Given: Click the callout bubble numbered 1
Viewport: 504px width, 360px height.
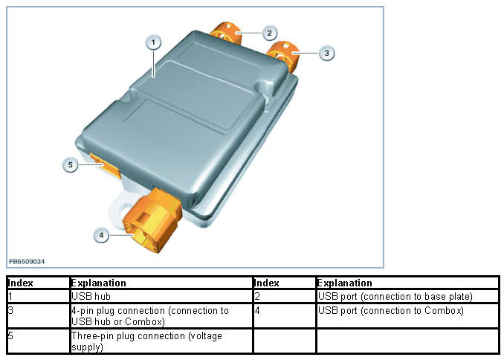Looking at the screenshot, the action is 153,42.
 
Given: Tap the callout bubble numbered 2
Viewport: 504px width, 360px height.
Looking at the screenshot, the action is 269,33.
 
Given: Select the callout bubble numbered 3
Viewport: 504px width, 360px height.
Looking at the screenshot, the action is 326,53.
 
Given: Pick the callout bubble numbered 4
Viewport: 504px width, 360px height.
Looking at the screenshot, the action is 101,235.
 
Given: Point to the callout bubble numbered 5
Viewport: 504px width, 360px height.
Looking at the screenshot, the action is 71,164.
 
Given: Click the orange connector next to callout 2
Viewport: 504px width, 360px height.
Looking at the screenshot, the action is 226,33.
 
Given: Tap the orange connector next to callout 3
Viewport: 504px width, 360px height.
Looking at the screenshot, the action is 283,55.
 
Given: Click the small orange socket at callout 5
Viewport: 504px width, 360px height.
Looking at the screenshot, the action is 105,166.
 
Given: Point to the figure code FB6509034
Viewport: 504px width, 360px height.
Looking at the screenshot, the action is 27,262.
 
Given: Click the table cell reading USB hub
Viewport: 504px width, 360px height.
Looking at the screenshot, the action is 161,296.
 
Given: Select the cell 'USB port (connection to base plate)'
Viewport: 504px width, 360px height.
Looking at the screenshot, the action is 407,296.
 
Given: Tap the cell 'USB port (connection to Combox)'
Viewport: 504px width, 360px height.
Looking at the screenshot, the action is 407,316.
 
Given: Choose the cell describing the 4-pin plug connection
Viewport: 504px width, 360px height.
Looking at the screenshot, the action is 161,316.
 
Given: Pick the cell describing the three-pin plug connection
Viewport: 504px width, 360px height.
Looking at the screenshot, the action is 161,341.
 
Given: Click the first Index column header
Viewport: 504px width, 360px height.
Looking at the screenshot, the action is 38,283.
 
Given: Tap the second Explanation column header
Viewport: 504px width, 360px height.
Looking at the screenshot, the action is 407,283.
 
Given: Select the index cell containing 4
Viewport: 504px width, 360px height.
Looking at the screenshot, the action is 285,316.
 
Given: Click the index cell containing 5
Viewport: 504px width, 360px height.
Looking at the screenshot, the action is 38,341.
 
